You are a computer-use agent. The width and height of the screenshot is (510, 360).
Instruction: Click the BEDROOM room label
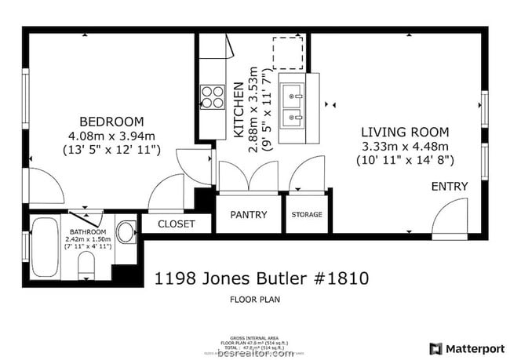(112, 122)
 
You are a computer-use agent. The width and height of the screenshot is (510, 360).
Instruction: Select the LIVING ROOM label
(404, 133)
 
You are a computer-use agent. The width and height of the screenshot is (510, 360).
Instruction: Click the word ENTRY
(450, 187)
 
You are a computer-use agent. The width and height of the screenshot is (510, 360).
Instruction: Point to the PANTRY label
(248, 215)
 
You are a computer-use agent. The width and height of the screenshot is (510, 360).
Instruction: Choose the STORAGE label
(307, 215)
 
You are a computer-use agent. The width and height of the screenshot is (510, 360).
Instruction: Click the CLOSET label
(177, 224)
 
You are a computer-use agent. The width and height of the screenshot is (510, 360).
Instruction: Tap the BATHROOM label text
(87, 232)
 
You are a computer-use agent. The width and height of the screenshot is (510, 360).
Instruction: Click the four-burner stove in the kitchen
(213, 96)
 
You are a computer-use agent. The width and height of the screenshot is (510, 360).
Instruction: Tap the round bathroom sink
(126, 233)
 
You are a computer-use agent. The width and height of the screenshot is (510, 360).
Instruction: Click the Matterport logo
(465, 347)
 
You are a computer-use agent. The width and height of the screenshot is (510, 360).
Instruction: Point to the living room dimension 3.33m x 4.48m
(404, 147)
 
